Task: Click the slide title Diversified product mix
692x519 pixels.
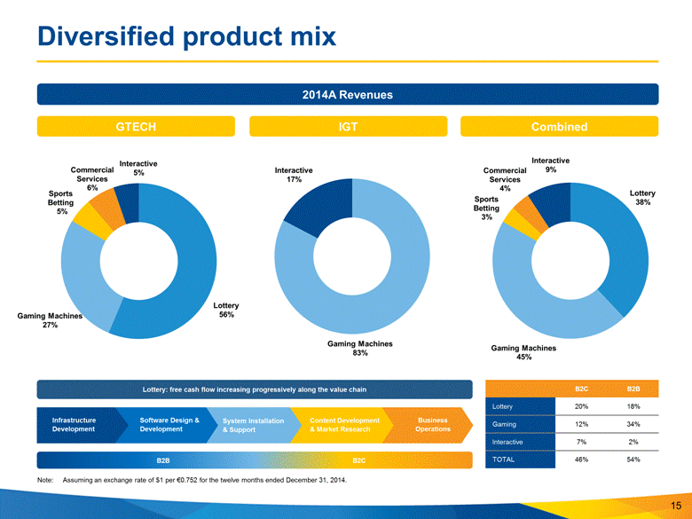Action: coord(182,36)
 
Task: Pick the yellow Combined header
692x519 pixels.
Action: coord(559,127)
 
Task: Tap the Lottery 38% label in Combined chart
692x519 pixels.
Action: coord(642,197)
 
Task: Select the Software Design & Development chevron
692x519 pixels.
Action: coord(169,424)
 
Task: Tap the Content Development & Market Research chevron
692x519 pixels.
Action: coord(345,424)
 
